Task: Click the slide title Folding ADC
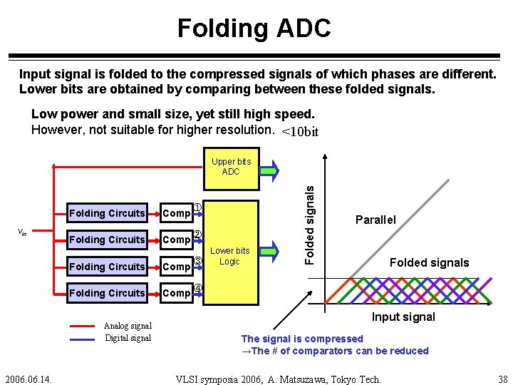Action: [x=254, y=29]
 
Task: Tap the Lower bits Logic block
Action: [x=229, y=256]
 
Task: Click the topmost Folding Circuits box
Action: [x=107, y=213]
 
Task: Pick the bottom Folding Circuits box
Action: [x=107, y=293]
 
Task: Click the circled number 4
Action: [x=199, y=288]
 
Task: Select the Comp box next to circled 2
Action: [x=176, y=240]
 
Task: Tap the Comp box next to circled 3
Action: [x=176, y=267]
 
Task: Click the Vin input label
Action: [x=22, y=232]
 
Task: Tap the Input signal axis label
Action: [x=403, y=317]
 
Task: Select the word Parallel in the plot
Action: [x=375, y=220]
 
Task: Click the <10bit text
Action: [x=300, y=132]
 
